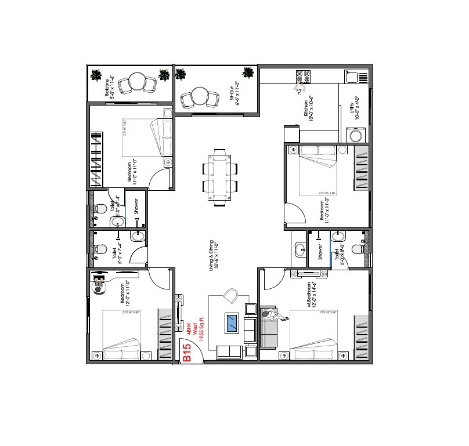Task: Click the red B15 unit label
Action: click(187, 353)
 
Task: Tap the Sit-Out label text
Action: click(235, 91)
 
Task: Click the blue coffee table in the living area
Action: click(233, 322)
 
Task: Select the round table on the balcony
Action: click(138, 81)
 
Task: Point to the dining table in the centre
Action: click(220, 177)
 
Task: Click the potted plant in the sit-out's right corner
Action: click(248, 74)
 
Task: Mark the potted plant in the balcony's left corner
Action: click(96, 75)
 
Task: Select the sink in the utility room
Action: click(353, 77)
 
